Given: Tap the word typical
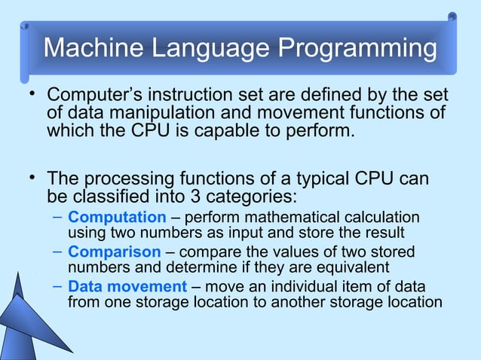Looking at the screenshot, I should point(301,181).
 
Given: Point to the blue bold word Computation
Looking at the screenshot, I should point(117,218).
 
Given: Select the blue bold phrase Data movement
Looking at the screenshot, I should point(127,287).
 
